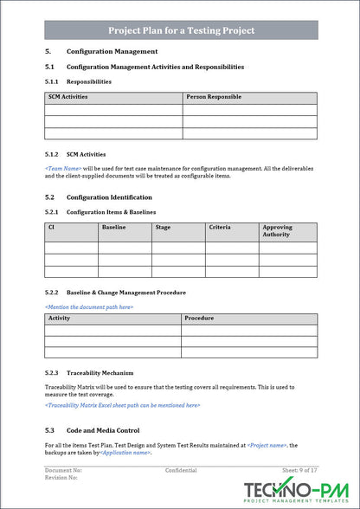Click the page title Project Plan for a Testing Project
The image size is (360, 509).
click(x=181, y=30)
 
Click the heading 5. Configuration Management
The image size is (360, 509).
click(x=112, y=51)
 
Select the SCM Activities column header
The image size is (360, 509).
click(x=68, y=97)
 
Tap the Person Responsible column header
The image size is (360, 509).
click(x=214, y=97)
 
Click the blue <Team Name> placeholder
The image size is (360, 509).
click(x=63, y=166)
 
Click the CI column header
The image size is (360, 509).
click(x=52, y=228)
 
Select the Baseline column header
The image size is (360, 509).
click(x=114, y=228)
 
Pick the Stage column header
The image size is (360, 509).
click(x=163, y=228)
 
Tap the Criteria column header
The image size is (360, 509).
click(x=219, y=228)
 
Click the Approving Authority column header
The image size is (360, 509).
click(x=278, y=231)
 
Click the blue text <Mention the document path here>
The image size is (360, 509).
click(x=89, y=306)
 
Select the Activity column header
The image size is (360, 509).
click(x=60, y=319)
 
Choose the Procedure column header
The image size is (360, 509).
click(x=199, y=319)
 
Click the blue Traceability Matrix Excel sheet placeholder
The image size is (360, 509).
click(x=122, y=404)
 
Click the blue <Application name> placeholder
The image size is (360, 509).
click(x=125, y=453)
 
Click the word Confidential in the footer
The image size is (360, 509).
click(x=181, y=470)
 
